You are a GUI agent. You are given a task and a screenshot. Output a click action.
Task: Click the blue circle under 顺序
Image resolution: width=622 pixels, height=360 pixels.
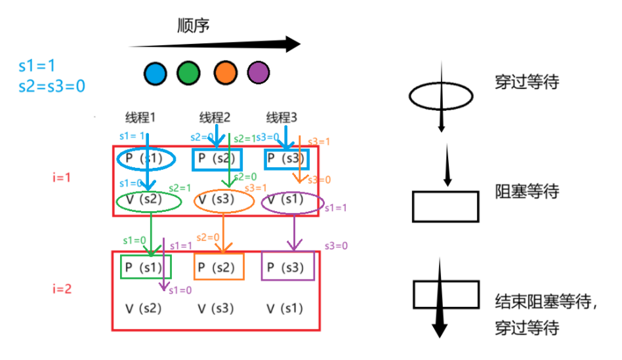pos(155,72)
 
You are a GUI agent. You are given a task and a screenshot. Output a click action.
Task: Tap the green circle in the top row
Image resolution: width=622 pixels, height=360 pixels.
pos(188,72)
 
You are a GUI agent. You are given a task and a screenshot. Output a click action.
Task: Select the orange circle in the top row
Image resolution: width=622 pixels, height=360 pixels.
pos(224,72)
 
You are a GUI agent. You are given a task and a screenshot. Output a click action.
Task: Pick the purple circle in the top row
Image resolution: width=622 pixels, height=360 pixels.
pos(258,72)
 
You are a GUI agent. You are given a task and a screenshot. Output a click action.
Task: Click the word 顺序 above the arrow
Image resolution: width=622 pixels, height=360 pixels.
pos(194,26)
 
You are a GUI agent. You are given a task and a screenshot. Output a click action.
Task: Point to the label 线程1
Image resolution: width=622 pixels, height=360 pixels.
pos(141,118)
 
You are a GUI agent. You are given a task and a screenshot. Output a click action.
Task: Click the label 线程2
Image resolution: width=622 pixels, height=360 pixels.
pos(215,118)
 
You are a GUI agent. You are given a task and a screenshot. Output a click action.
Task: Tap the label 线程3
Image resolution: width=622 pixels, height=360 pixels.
pos(281,118)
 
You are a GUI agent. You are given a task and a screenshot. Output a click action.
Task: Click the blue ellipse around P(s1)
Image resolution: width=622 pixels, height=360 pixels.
pos(147,159)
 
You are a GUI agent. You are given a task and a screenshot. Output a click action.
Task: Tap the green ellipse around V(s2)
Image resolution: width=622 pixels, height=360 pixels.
pos(149,201)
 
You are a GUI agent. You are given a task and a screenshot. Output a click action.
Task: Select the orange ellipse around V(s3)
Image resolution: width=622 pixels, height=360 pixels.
pos(224,201)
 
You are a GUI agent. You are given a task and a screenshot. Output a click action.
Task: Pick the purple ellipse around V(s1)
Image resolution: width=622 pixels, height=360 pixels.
pos(293,201)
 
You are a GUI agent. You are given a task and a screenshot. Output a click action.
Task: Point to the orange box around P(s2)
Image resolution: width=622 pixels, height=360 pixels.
pos(219,268)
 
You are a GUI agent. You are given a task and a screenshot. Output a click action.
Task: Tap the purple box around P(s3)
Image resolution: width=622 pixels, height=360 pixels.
pos(287,268)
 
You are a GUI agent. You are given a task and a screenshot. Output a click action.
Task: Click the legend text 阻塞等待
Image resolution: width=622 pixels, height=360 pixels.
pos(527,192)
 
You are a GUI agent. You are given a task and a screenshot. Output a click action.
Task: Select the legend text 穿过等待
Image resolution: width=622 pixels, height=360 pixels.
pos(527,83)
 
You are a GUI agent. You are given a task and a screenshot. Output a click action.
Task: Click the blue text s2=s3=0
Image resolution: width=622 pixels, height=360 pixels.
pos(52,85)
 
